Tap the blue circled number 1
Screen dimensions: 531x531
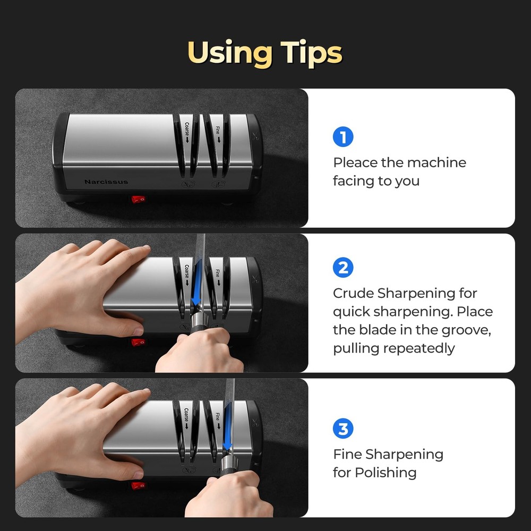point(343,137)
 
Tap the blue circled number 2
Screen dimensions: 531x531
point(343,268)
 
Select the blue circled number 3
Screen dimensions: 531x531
point(343,429)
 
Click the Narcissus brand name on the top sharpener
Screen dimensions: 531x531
point(106,182)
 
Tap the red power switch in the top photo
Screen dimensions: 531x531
point(139,200)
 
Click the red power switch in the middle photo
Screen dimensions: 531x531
point(138,342)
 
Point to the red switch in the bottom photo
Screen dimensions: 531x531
point(139,486)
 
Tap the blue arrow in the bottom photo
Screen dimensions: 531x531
point(227,424)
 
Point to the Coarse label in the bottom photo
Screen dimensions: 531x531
point(187,417)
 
